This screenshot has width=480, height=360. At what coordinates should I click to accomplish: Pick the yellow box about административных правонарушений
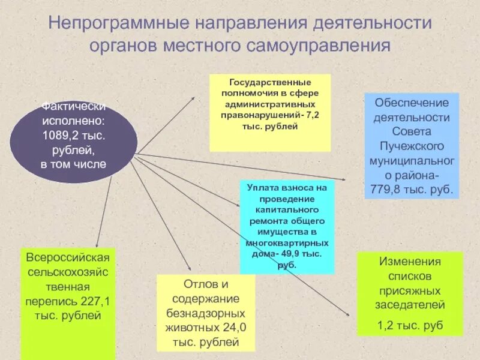[270, 113]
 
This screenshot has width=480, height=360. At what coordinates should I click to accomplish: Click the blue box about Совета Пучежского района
[412, 146]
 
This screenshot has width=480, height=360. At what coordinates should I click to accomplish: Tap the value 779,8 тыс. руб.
[412, 191]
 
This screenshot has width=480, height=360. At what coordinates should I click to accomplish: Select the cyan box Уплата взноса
[287, 227]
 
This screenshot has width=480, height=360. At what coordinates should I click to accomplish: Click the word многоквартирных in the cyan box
[287, 243]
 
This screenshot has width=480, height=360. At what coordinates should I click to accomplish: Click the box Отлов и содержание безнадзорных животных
[206, 312]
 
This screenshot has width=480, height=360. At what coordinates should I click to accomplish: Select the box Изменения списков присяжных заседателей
[410, 293]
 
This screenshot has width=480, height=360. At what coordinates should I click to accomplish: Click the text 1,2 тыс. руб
[410, 325]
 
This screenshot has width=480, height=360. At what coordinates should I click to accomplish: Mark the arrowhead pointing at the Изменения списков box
[347, 313]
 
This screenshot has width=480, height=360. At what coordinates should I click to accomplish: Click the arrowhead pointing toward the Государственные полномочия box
[192, 98]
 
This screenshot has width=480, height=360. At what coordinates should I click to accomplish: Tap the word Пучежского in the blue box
[412, 146]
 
